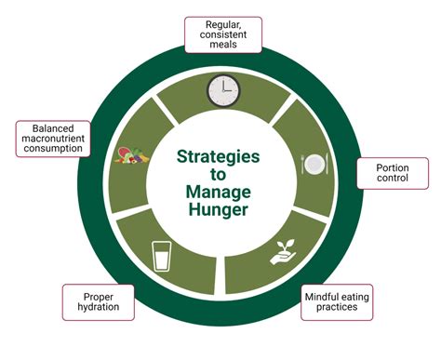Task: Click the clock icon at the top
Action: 223,91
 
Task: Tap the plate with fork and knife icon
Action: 314,164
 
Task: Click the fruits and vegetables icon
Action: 131,155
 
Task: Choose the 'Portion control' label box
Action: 392,173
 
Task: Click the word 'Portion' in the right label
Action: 392,167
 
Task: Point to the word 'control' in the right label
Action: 392,180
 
